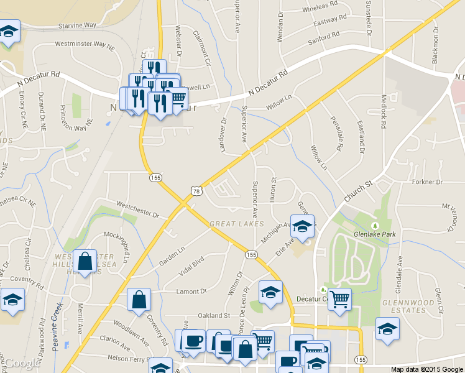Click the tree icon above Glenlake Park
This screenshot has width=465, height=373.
375,225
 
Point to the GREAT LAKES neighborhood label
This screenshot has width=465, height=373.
237,224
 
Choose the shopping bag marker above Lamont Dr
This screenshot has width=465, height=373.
138,300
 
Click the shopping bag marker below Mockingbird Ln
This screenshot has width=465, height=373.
85,262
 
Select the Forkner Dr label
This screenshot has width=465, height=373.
426,182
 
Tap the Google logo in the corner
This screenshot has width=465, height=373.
21,363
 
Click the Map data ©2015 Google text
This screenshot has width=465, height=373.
426,369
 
